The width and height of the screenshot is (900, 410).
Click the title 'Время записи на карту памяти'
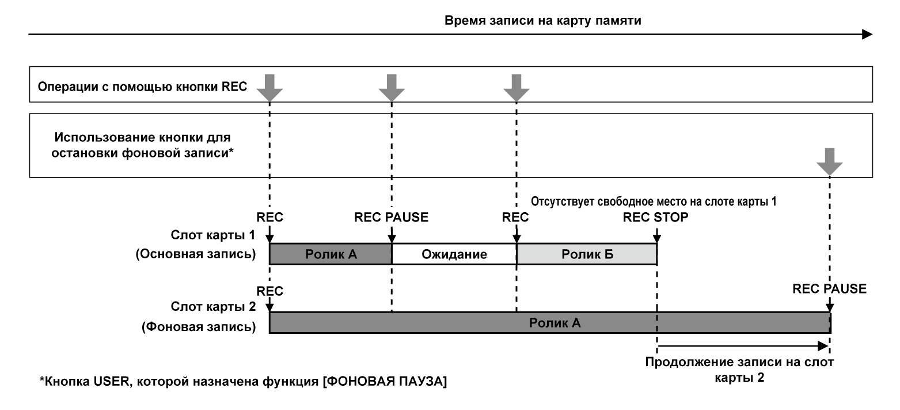click(543, 21)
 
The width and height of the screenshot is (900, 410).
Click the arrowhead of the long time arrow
click(867, 35)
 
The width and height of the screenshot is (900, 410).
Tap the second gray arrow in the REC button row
click(392, 86)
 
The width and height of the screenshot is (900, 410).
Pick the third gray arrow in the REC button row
click(516, 86)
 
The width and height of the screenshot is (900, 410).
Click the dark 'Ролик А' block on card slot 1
click(330, 254)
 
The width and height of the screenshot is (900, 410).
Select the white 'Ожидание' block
click(454, 254)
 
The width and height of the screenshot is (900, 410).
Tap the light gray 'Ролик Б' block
click(586, 254)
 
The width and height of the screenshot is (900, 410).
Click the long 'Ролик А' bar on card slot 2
click(549, 323)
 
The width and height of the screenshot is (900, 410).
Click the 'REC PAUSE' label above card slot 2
click(829, 289)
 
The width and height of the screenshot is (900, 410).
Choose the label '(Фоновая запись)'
click(198, 328)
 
